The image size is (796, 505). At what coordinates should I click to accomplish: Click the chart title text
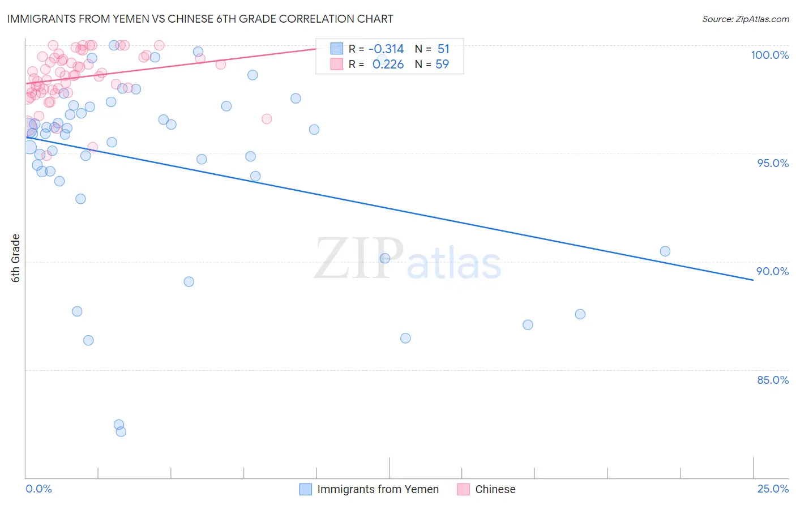point(200,19)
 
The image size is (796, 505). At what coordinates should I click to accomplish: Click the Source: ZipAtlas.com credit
point(745,19)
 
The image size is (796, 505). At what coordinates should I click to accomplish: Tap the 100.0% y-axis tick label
point(769,55)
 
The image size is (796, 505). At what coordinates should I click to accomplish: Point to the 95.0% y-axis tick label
point(773,163)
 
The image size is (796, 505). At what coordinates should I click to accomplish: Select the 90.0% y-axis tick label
point(773,271)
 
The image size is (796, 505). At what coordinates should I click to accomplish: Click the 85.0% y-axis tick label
point(773,380)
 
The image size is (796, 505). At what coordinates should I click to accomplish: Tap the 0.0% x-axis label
point(38,489)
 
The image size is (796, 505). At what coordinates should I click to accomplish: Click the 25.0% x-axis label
point(773,489)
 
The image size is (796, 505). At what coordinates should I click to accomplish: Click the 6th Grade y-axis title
point(16,258)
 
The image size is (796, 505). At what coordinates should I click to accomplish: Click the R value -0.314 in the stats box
point(386,49)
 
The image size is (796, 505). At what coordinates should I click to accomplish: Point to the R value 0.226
point(388,65)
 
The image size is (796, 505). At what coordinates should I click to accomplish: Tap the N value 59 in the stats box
point(442,65)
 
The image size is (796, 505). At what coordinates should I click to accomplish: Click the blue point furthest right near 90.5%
point(665,251)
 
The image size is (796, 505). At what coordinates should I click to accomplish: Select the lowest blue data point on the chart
point(121,431)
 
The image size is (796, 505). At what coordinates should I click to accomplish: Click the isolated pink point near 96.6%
point(267,119)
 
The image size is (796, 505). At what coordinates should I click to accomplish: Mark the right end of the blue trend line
point(753,280)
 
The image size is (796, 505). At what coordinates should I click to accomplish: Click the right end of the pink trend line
point(315,49)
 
